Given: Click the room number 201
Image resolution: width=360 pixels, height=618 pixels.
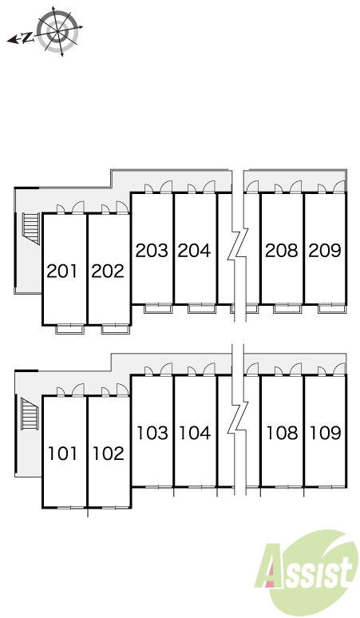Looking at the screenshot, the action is [62, 271].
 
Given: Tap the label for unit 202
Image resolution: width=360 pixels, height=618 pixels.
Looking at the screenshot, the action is [108, 271].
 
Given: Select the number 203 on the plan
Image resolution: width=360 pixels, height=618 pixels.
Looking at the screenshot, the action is [152, 250].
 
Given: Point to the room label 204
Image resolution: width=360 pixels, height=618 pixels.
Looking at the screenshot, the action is [194, 250].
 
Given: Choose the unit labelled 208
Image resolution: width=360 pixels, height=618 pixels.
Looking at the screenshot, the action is [281, 250].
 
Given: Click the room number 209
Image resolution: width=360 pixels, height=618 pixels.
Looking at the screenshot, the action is [325, 250].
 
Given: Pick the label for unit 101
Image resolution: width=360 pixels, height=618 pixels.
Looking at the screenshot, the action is [62, 454].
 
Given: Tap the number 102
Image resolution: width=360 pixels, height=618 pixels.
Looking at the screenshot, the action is [109, 454].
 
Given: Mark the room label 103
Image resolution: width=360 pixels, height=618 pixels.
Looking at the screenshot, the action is [152, 433].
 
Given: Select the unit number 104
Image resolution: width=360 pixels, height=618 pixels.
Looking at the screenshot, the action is [195, 433].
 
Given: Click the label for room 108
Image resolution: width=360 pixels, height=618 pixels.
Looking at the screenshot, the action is [282, 433].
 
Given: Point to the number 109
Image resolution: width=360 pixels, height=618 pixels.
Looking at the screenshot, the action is [326, 433].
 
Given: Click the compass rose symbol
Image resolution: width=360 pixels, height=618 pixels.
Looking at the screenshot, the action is [58, 31].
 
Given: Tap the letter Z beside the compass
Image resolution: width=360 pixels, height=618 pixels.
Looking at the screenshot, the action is [27, 38].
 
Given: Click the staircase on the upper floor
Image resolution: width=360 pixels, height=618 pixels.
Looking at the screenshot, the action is [30, 228].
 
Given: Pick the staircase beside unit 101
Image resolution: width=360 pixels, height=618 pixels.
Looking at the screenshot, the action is [30, 414].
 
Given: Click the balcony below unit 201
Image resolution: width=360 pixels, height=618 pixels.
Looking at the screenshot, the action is [69, 329].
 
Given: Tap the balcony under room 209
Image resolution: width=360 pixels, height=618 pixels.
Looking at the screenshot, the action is [331, 308].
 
